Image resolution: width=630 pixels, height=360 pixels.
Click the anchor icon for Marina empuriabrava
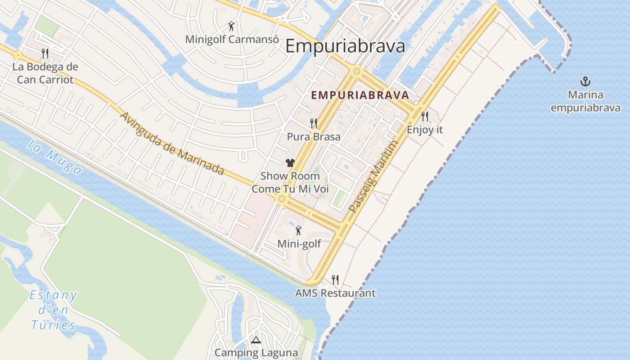click(585, 81)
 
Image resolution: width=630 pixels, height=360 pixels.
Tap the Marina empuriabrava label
click(585, 101)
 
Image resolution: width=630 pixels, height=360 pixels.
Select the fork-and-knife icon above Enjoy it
click(425, 117)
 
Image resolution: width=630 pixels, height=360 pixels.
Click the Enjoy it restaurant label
click(425, 130)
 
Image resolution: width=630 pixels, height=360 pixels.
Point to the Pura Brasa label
click(314, 136)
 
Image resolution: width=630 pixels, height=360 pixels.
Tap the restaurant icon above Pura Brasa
click(314, 123)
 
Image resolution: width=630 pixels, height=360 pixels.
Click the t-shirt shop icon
click(290, 163)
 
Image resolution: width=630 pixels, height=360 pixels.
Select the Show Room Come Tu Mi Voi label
click(290, 182)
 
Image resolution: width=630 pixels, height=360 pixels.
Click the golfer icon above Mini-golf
click(298, 231)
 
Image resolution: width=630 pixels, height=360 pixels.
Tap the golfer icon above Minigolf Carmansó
click(231, 26)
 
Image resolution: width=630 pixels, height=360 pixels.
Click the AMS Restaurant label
click(335, 293)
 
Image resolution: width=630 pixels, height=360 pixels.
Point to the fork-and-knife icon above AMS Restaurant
click(335, 280)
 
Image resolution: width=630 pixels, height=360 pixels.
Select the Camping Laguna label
click(256, 353)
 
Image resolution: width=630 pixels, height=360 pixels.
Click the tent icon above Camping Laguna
click(256, 340)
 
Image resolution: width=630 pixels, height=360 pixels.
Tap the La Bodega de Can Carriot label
click(45, 73)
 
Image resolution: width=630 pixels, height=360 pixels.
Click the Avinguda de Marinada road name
click(171, 143)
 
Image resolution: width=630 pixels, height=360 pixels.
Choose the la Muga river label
click(54, 157)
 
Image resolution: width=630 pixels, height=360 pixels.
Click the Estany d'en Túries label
click(53, 310)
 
